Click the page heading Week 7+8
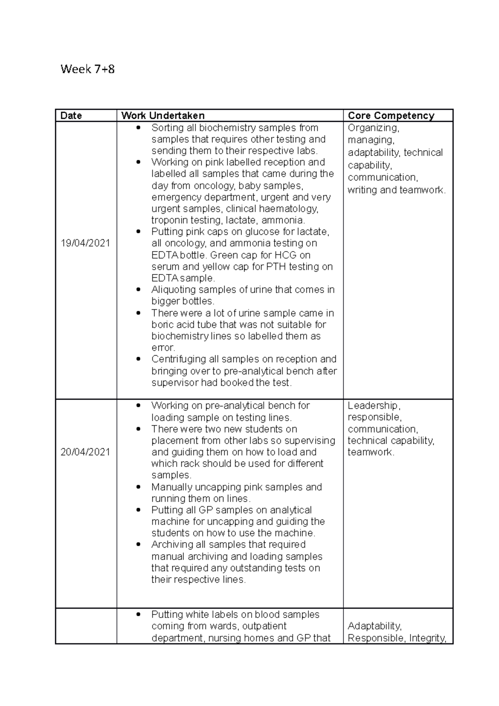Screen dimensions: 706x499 pyautogui.click(x=87, y=69)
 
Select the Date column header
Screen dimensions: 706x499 pyautogui.click(x=71, y=116)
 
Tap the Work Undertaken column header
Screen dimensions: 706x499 pyautogui.click(x=163, y=116)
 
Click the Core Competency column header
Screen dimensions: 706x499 pyautogui.click(x=391, y=116)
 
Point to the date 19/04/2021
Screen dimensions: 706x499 pyautogui.click(x=85, y=243)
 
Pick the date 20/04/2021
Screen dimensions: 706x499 pyautogui.click(x=85, y=452)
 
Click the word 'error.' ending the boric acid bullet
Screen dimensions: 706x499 pyautogui.click(x=163, y=348)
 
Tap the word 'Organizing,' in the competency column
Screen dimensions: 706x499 pyautogui.click(x=373, y=128)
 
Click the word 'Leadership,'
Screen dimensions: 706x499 pyautogui.click(x=374, y=405)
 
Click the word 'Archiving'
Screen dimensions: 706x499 pyautogui.click(x=170, y=544)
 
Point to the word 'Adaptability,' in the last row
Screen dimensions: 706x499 pyautogui.click(x=374, y=626)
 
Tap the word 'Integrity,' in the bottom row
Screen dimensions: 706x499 pyautogui.click(x=428, y=638)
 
